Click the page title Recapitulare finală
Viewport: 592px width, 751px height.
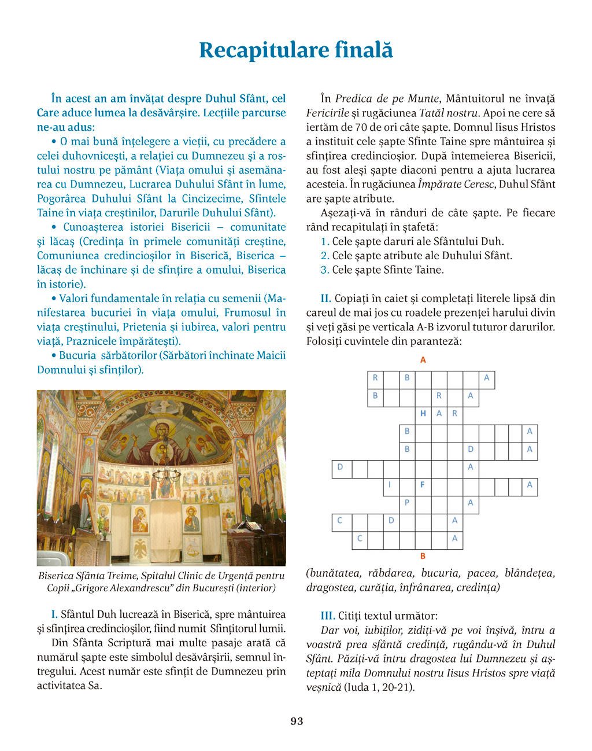pos(296,50)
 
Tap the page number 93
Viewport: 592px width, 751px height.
pos(297,721)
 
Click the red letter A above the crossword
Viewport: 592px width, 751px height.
pos(423,360)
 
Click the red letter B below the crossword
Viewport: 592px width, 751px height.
pos(423,556)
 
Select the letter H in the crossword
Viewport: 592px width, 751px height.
pos(423,414)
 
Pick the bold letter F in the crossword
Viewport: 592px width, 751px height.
pos(423,485)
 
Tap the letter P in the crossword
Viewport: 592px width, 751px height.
pos(407,503)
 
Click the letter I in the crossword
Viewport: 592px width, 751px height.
pos(390,485)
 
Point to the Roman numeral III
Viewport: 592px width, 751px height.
pos(328,616)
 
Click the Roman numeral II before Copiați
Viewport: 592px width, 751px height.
pos(326,299)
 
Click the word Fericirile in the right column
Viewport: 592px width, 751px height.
pos(328,113)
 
